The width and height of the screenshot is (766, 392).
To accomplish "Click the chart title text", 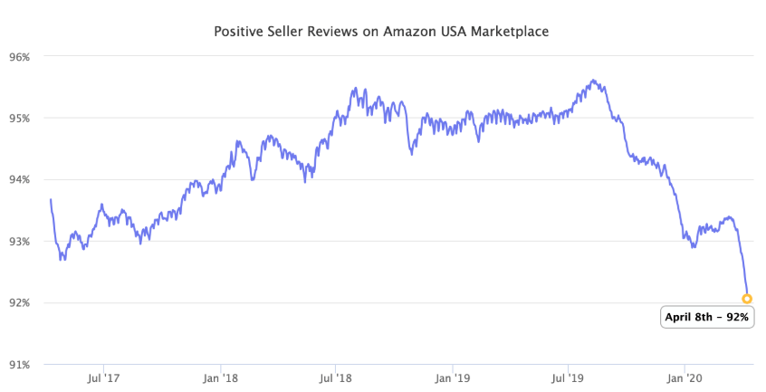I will click(x=381, y=31).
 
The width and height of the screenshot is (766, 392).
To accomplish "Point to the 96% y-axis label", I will click(x=19, y=56).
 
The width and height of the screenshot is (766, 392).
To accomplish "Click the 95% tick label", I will click(x=19, y=118).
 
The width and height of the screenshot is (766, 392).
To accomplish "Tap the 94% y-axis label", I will click(x=19, y=179).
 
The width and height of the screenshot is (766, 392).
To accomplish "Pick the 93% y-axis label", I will click(x=19, y=241).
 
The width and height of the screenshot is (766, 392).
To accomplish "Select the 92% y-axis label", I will click(x=19, y=302).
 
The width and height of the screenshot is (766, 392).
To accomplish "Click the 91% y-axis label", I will click(x=19, y=364).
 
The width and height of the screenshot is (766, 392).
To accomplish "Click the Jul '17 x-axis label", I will click(x=104, y=377).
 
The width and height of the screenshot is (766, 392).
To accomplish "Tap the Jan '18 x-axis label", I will click(x=220, y=377).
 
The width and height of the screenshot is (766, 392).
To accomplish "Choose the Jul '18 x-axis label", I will click(x=336, y=377).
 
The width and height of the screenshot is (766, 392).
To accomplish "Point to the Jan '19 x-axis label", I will click(x=452, y=377).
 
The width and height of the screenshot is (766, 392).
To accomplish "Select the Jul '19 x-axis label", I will click(x=567, y=377).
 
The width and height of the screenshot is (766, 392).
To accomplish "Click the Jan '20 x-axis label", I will click(x=684, y=377).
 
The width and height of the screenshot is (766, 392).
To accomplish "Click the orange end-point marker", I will click(x=747, y=298).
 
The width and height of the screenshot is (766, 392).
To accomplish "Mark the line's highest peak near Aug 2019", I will click(x=593, y=81).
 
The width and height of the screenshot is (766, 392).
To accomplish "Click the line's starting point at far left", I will click(x=51, y=199).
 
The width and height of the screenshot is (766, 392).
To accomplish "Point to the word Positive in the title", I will click(x=237, y=31).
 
